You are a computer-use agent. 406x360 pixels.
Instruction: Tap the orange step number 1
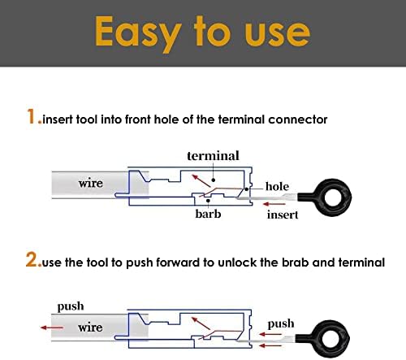coord(32,116)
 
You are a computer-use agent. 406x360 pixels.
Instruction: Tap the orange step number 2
coord(32,259)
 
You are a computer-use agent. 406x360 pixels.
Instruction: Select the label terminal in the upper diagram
coord(213,156)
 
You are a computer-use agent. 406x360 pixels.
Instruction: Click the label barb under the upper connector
coord(208,214)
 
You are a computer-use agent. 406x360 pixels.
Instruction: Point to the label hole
coord(277,186)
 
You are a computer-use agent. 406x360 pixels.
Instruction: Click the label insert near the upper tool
coord(283,215)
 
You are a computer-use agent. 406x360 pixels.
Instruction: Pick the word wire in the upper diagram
coord(91,184)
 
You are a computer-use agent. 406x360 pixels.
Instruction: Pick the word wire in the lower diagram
coord(90,327)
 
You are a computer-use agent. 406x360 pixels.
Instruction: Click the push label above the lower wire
coord(71,307)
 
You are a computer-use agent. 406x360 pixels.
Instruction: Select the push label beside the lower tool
coord(281,324)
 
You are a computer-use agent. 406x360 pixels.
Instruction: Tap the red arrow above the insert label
coord(274,204)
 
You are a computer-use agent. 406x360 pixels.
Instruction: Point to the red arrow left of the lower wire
coord(52,327)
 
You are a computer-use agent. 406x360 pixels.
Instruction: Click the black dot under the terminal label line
coord(214,180)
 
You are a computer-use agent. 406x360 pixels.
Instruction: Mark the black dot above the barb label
coord(208,201)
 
